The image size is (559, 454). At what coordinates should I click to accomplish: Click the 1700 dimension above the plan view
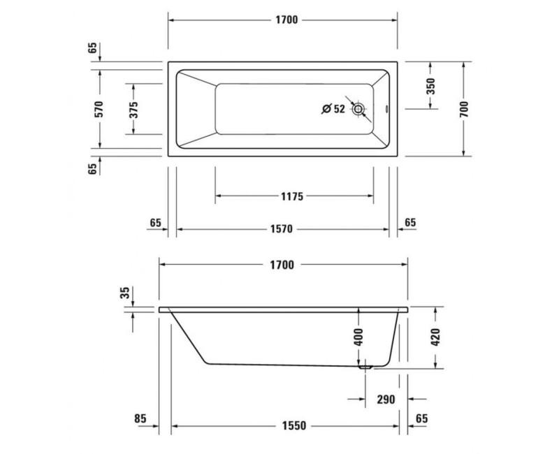pos(284,20)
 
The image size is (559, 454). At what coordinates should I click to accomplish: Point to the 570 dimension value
pos(99,108)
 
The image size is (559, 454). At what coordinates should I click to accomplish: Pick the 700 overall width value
pos(464,108)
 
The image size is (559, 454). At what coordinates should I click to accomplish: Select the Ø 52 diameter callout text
pos(333,108)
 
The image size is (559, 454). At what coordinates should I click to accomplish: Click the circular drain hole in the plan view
pos(358,109)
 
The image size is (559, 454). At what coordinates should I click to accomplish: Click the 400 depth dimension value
pos(358,337)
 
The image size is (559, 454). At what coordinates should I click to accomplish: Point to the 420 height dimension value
pos(436,337)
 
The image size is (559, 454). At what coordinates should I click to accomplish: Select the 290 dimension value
pos(385,400)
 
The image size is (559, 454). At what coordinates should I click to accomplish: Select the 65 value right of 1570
pos(409,222)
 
